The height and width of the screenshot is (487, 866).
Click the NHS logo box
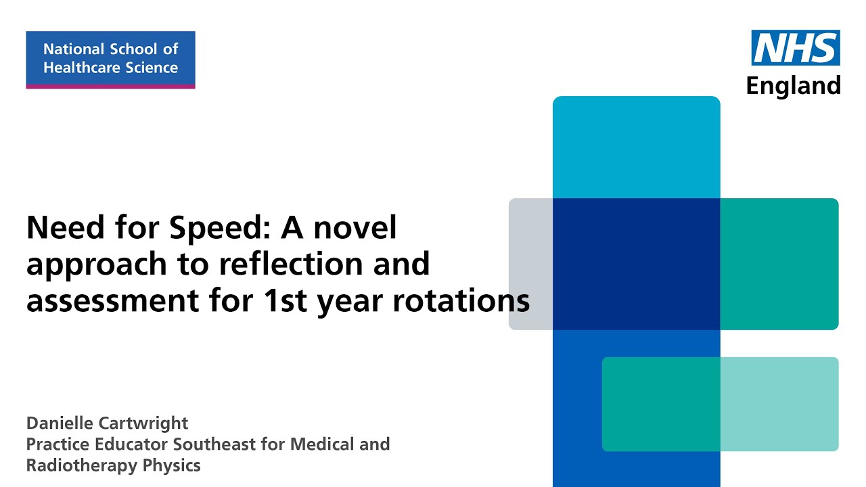pos(796,48)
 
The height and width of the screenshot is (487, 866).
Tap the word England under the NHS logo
pos(793,86)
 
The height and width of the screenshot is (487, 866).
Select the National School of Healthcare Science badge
pos(110,59)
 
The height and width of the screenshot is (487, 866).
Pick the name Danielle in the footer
pos(60,423)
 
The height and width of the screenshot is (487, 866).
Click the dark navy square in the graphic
pos(636,264)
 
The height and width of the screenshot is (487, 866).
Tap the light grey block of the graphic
pos(530,264)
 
